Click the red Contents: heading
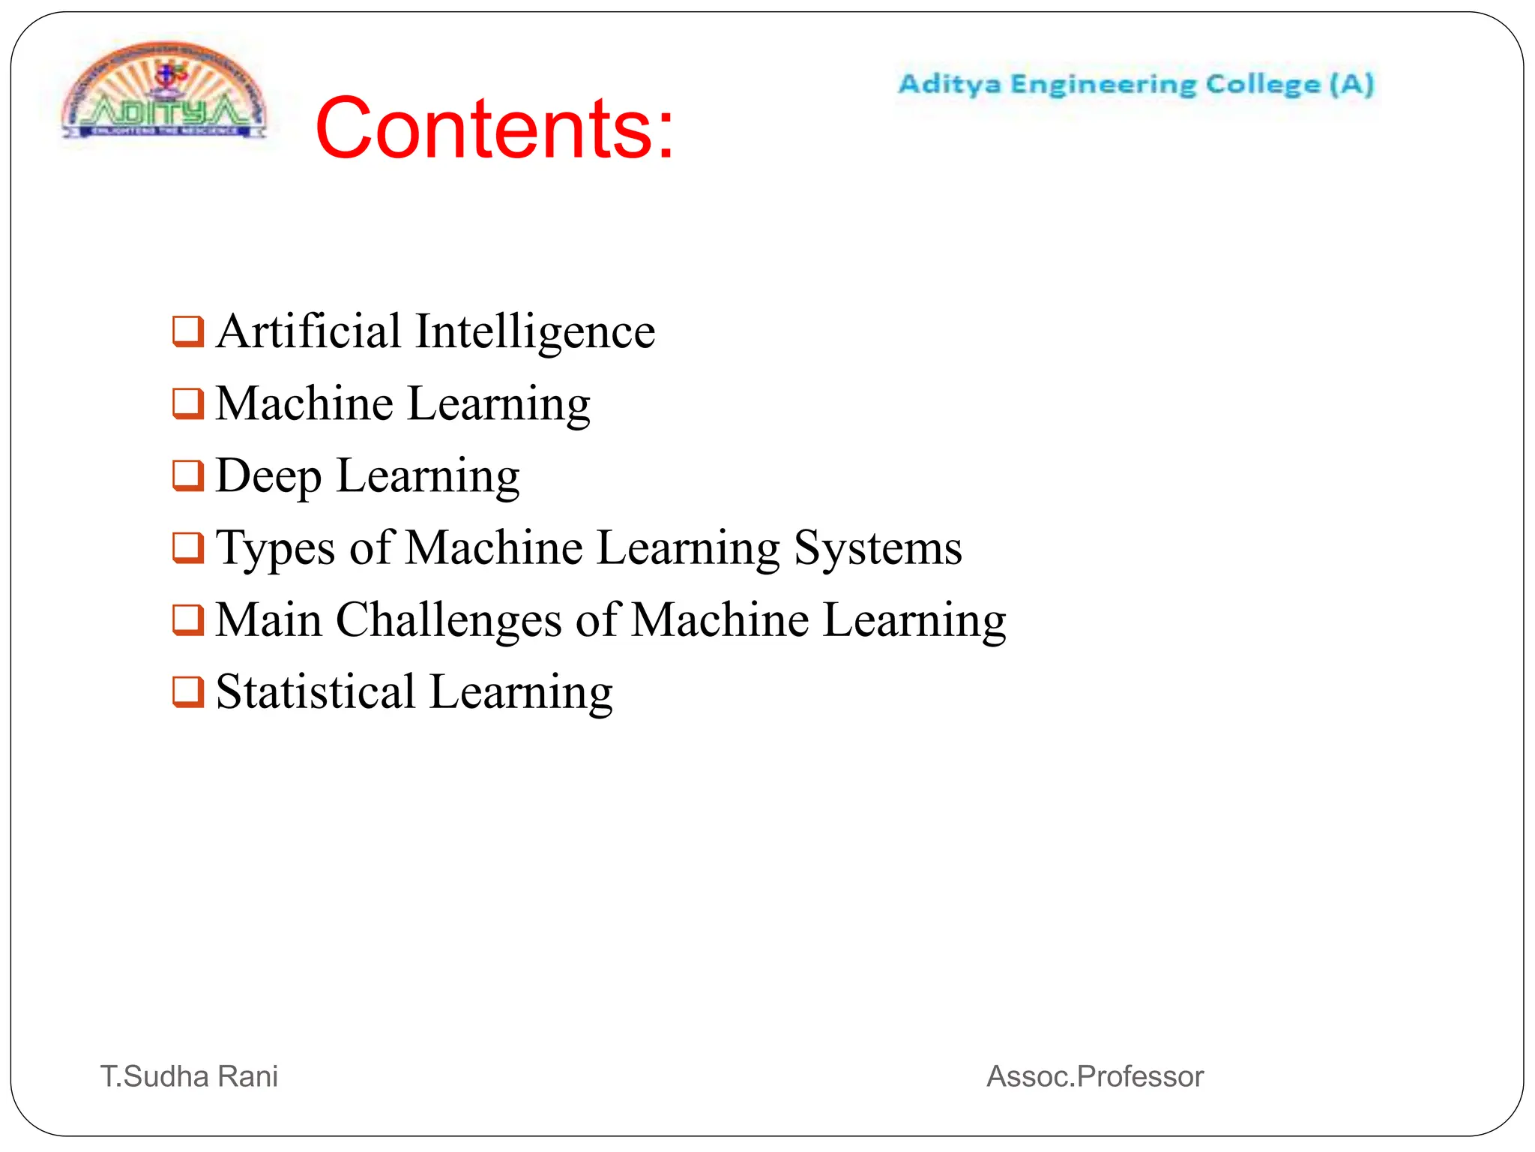pos(495,129)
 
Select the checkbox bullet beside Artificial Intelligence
pos(187,331)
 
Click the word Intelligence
pos(535,331)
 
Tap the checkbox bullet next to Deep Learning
pos(187,475)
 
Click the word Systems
pos(878,548)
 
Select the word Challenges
pos(448,621)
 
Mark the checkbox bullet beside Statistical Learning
pos(187,691)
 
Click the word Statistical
pos(316,691)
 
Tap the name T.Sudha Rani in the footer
pos(190,1076)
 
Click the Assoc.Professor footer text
pos(1095,1076)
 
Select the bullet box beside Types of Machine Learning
pos(187,547)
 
